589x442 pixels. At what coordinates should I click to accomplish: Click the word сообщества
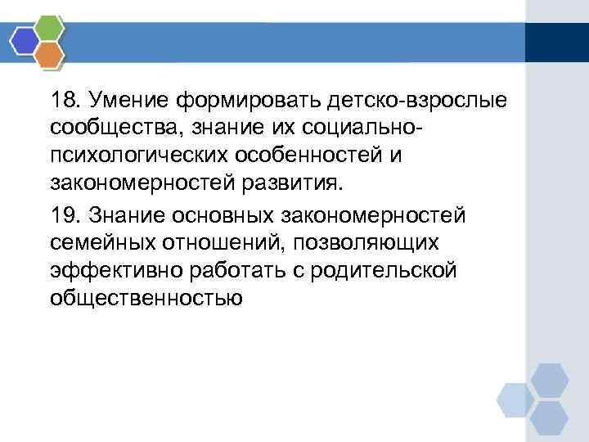point(107,129)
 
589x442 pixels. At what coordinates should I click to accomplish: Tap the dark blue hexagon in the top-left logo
point(25,40)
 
